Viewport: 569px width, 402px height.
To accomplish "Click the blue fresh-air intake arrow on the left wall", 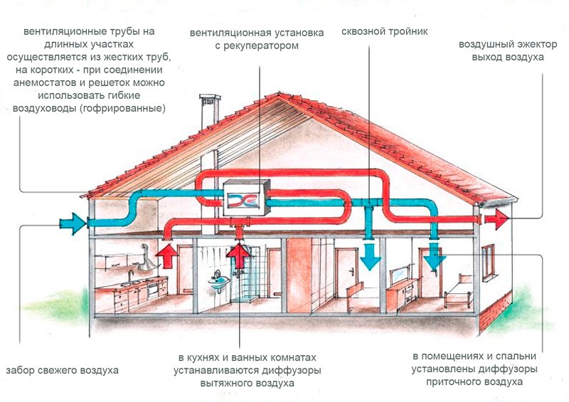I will click(70, 223).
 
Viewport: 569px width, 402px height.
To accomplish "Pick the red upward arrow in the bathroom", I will click(239, 255).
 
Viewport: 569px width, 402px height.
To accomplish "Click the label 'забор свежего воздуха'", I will click(62, 371).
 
